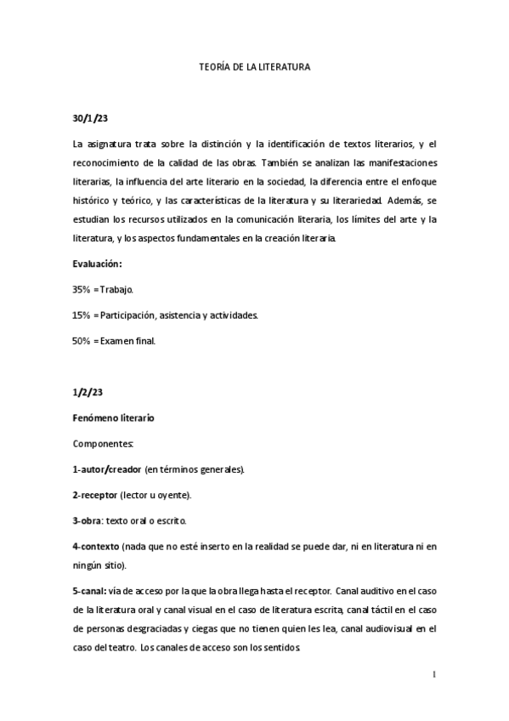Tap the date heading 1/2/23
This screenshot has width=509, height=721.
tap(89, 394)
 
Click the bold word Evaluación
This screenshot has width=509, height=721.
tap(97, 264)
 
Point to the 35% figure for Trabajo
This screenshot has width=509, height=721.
tap(82, 290)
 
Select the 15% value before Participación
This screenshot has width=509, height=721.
tap(82, 315)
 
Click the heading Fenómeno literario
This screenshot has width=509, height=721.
tap(113, 419)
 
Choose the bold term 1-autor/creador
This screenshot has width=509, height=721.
tap(106, 469)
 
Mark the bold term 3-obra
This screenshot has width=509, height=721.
tap(89, 520)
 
